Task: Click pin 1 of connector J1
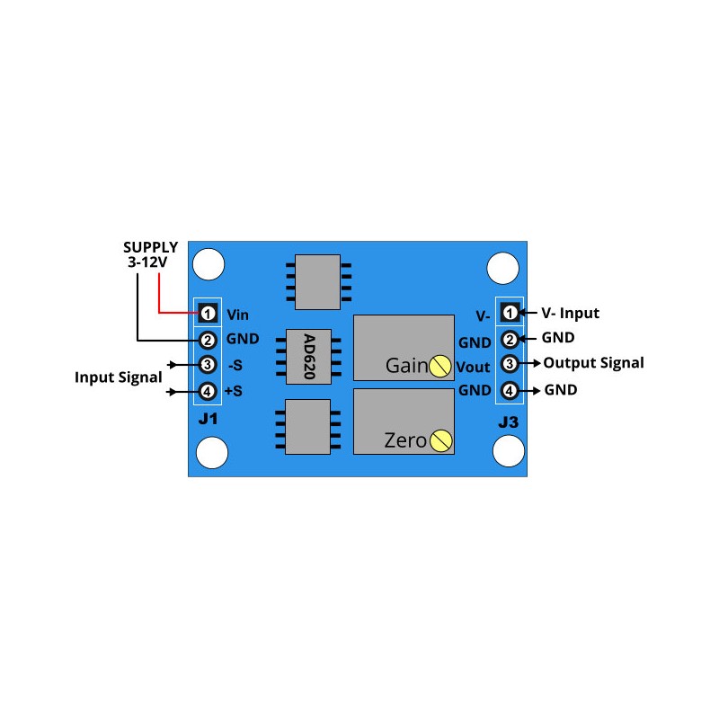pyautogui.click(x=208, y=314)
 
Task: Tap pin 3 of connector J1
pyautogui.click(x=208, y=365)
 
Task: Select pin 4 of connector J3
pyautogui.click(x=510, y=391)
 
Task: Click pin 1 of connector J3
pyautogui.click(x=510, y=313)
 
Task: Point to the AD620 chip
pyautogui.click(x=308, y=357)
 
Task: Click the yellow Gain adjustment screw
pyautogui.click(x=440, y=366)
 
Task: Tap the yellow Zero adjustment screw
pyautogui.click(x=440, y=440)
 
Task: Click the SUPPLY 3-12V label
pyautogui.click(x=151, y=254)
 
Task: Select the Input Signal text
pyautogui.click(x=119, y=377)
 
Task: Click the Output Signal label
pyautogui.click(x=593, y=363)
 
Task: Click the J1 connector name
pyautogui.click(x=208, y=420)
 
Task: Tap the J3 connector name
pyautogui.click(x=509, y=422)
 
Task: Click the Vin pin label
pyautogui.click(x=237, y=315)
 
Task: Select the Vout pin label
pyautogui.click(x=473, y=367)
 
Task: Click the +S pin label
pyautogui.click(x=233, y=392)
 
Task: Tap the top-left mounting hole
pyautogui.click(x=211, y=264)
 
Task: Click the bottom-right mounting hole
pyautogui.click(x=509, y=452)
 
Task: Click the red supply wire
pyautogui.click(x=160, y=297)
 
